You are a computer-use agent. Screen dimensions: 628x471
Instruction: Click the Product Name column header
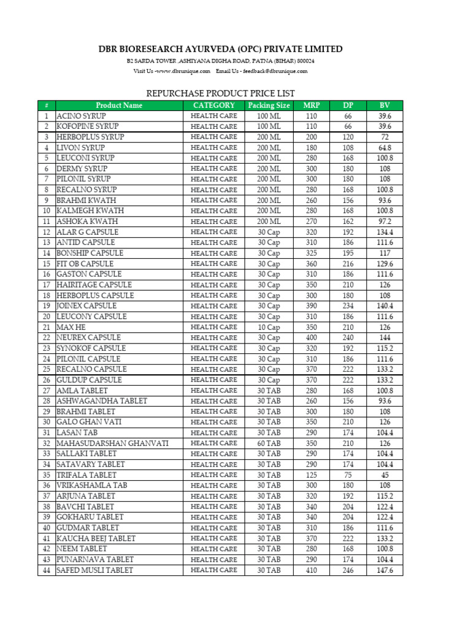tap(119, 105)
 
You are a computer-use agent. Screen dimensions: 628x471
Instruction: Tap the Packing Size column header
tap(269, 105)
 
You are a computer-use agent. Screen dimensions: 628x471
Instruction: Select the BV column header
tap(385, 105)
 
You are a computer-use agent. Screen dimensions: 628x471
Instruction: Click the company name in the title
tap(221, 49)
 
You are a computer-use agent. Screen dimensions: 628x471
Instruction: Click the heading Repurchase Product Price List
tap(220, 93)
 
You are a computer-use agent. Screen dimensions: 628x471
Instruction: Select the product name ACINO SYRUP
tap(81, 116)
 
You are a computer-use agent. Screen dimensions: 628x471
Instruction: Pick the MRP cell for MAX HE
tap(312, 327)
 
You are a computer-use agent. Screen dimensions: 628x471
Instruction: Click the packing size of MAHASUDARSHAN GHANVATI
tap(269, 443)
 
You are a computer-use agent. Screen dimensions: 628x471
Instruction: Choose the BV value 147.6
tap(385, 570)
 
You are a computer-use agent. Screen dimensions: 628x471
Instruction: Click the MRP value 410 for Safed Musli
tap(312, 570)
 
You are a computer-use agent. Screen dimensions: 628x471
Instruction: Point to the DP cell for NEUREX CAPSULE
tap(348, 337)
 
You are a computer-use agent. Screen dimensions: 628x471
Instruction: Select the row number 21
tap(47, 327)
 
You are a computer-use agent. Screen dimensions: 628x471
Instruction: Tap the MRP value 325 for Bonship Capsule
tap(312, 253)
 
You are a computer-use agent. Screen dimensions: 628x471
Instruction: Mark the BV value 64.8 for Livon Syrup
tap(385, 148)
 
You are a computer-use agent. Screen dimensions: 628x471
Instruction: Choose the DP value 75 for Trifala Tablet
tap(348, 475)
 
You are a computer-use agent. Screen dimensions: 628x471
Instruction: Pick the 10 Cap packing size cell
tap(269, 327)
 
